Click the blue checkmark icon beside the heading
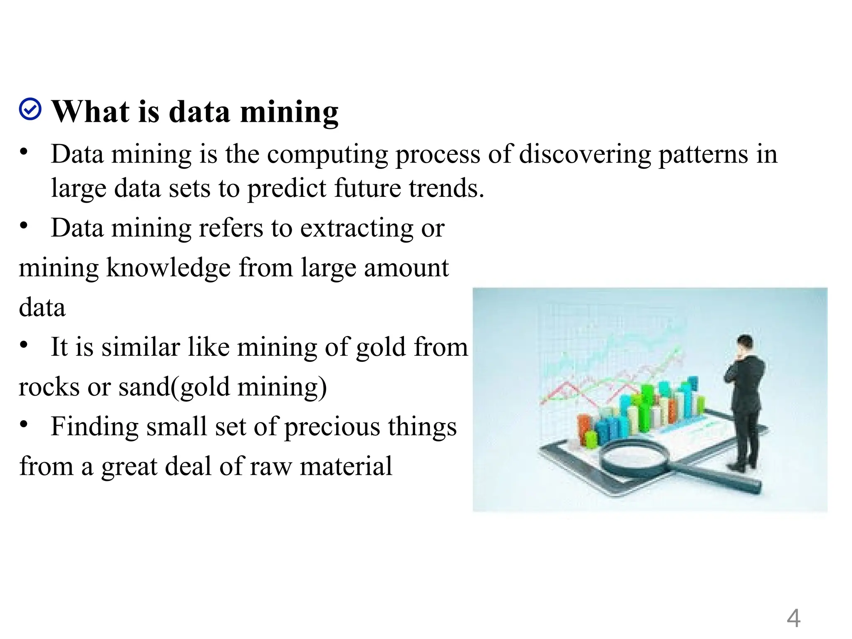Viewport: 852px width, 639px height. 30,109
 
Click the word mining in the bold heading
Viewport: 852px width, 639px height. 289,112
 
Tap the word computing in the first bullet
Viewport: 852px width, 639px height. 327,155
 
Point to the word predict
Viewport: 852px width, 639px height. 286,188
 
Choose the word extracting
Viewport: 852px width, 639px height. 357,228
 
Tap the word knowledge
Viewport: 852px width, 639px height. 168,268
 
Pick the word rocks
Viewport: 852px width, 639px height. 49,386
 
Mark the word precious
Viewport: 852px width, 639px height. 332,427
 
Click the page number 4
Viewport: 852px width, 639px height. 793,618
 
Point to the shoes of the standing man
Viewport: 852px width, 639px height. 745,466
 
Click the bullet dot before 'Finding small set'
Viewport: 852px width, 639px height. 24,424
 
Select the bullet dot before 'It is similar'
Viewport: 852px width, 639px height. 24,344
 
